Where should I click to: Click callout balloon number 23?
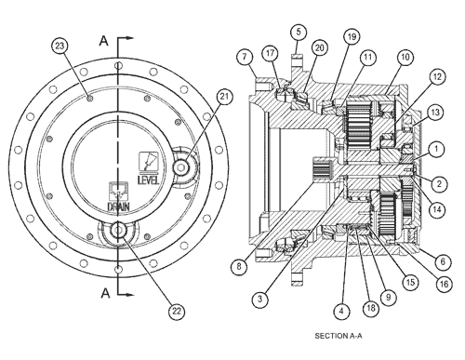point(60,47)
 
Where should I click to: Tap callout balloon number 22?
point(177,311)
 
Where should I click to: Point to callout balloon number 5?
point(299,32)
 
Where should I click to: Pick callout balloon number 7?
point(245,57)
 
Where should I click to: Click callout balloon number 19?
point(352,37)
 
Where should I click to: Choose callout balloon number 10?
point(405,57)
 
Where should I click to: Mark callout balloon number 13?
point(435,113)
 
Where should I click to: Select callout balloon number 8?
point(239,266)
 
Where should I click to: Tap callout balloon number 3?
point(259,299)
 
